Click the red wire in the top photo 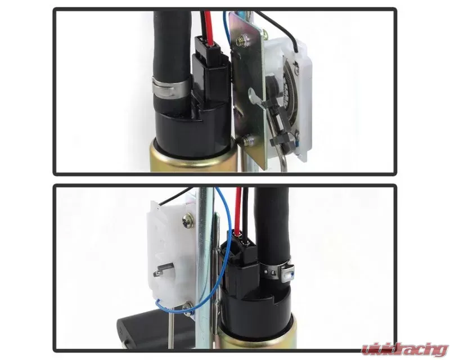[209, 27]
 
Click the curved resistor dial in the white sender [289, 92]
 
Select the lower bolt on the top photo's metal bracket [247, 141]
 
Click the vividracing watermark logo [404, 349]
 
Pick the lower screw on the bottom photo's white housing [188, 309]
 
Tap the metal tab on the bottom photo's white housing [164, 270]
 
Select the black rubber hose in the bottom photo [271, 229]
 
